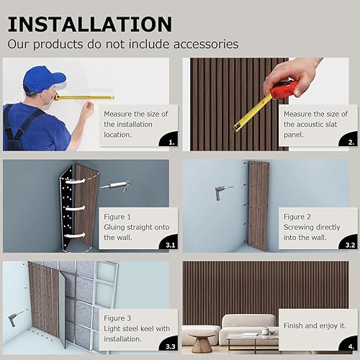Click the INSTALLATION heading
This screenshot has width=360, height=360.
click(90, 23)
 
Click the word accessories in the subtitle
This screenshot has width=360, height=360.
click(202, 44)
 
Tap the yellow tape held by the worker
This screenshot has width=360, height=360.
click(83, 96)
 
